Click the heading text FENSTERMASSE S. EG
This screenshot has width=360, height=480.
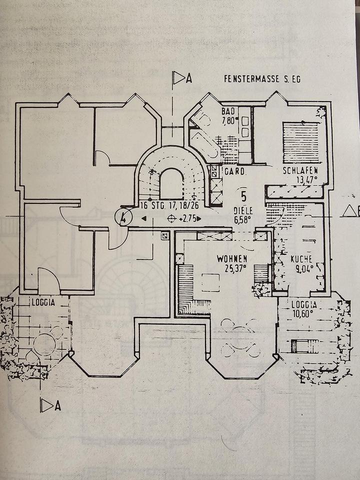pyautogui.click(x=262, y=79)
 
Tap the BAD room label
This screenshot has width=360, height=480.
pyautogui.click(x=228, y=111)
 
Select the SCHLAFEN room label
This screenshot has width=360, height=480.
pyautogui.click(x=300, y=170)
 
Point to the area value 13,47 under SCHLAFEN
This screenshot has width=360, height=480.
pyautogui.click(x=306, y=179)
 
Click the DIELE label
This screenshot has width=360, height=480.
pyautogui.click(x=243, y=210)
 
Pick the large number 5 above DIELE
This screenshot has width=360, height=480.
pyautogui.click(x=244, y=196)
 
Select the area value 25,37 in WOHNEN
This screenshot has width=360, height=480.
pyautogui.click(x=236, y=269)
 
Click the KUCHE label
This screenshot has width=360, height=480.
pyautogui.click(x=301, y=259)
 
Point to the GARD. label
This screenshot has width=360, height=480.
pyautogui.click(x=235, y=171)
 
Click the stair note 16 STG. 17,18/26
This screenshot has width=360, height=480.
pyautogui.click(x=169, y=205)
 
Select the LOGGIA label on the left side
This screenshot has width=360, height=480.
pyautogui.click(x=43, y=302)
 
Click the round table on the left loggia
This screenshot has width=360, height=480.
pyautogui.click(x=44, y=344)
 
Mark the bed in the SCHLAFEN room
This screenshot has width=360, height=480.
pyautogui.click(x=301, y=138)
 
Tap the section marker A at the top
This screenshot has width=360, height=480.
pyautogui.click(x=182, y=78)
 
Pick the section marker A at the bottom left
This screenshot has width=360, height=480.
pyautogui.click(x=50, y=405)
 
